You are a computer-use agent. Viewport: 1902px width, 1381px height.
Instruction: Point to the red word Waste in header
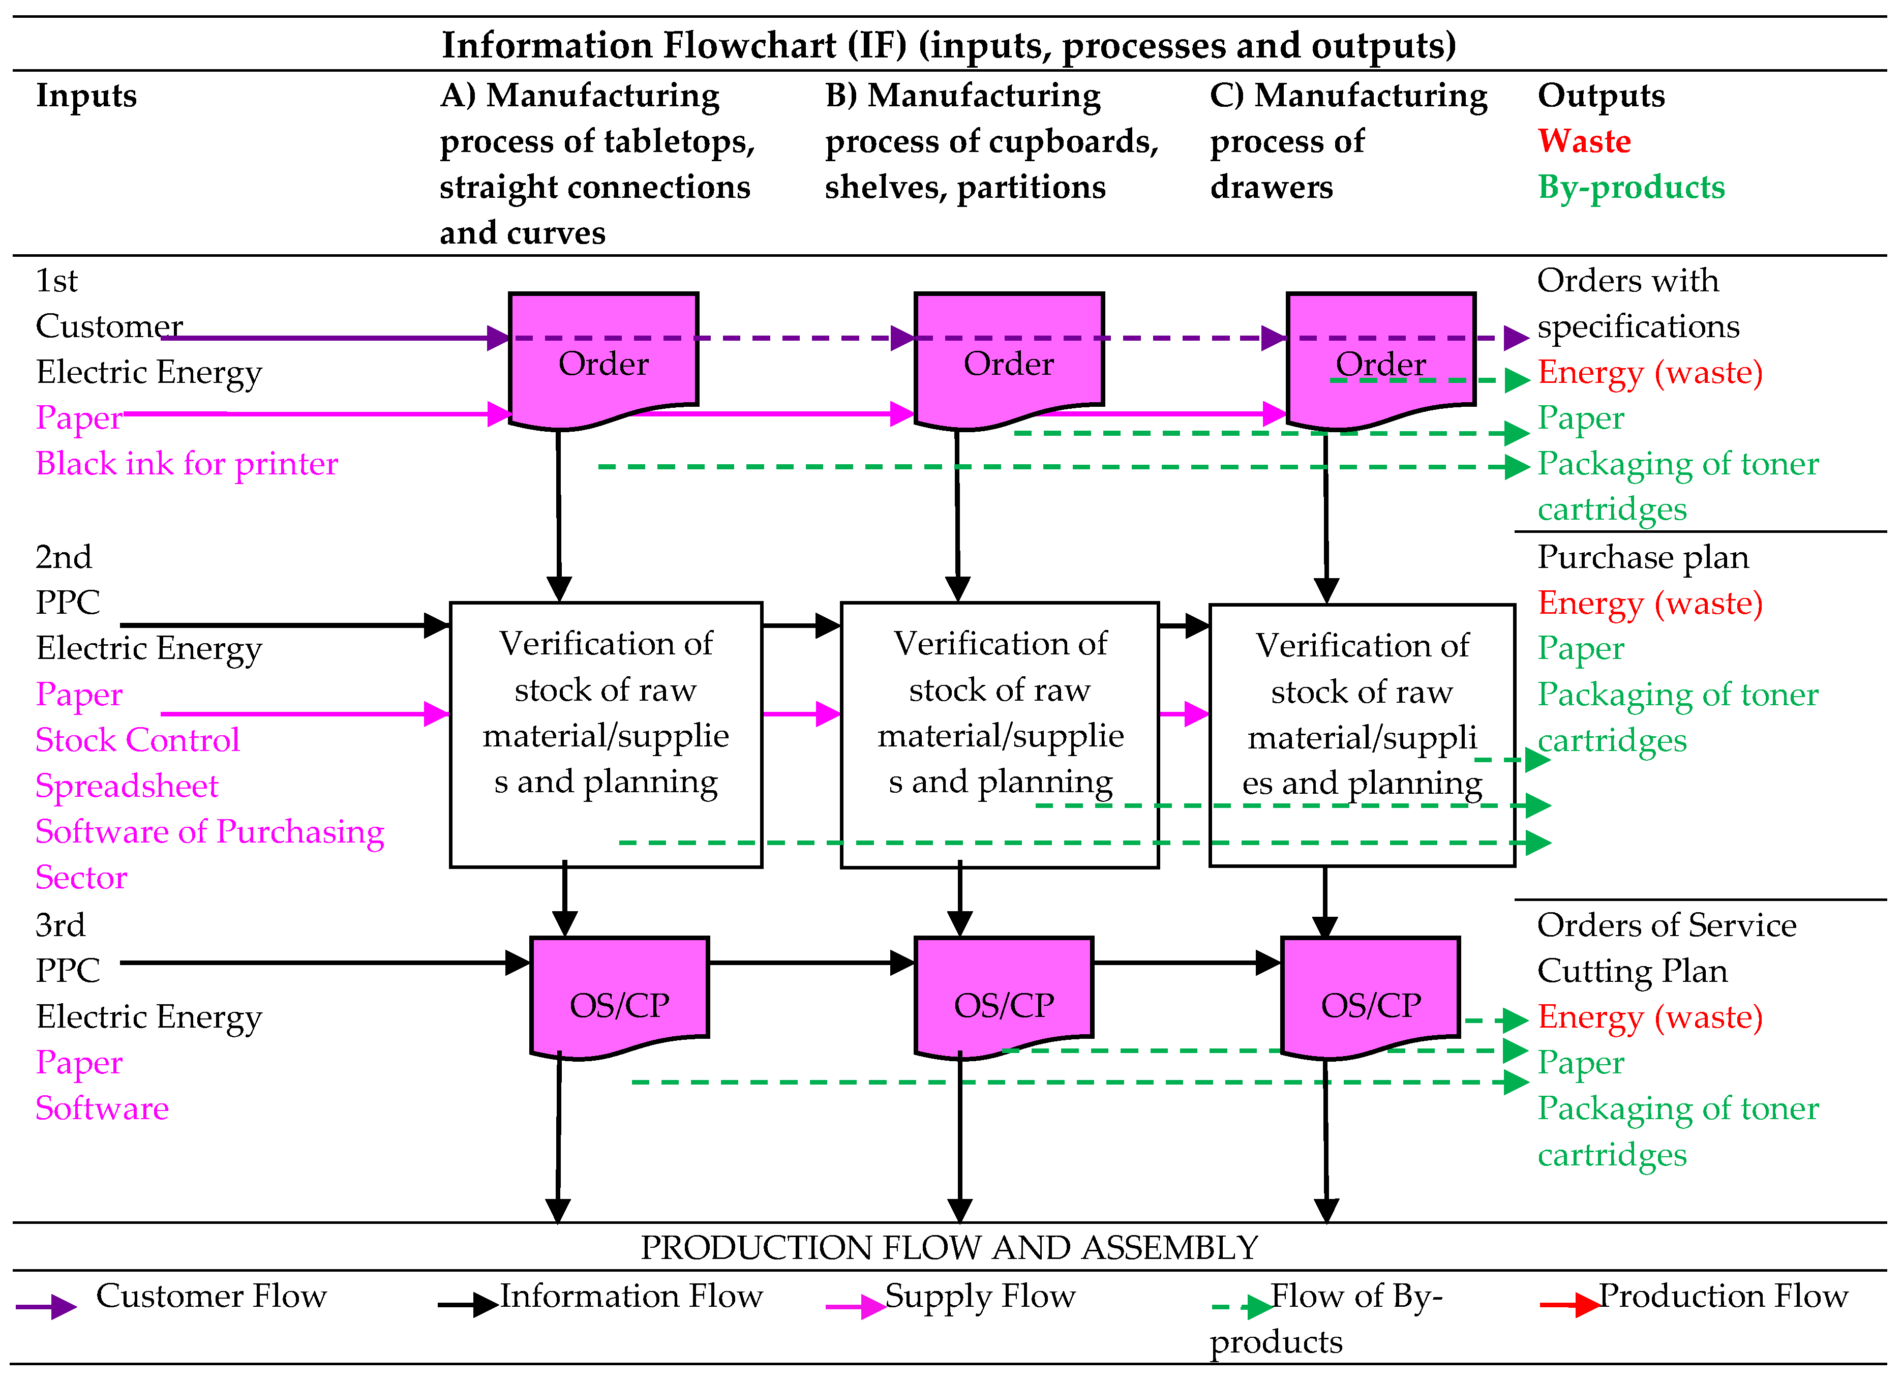click(x=1583, y=141)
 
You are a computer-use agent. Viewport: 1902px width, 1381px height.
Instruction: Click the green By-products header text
click(x=1631, y=187)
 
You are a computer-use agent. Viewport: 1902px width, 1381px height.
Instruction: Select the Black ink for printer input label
click(x=186, y=464)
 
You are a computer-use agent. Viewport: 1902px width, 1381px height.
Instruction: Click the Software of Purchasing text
click(x=209, y=832)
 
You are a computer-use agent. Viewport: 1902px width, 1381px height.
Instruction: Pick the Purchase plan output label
click(x=1642, y=557)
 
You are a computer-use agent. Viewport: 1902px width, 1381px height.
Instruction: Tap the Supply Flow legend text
click(x=980, y=1296)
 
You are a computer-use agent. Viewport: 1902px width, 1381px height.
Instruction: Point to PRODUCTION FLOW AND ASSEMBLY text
click(x=949, y=1248)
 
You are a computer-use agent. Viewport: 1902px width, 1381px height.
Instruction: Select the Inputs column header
click(x=85, y=96)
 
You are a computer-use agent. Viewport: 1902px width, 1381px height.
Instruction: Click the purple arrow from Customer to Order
click(x=336, y=338)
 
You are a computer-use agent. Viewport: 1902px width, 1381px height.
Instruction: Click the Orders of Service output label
click(x=1666, y=925)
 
